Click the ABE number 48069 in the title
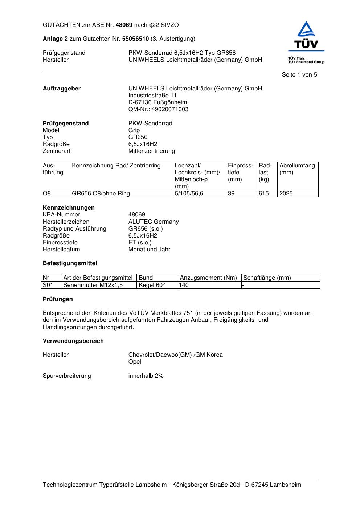[x=124, y=25]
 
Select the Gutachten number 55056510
[x=135, y=39]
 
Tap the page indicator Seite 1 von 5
[x=299, y=75]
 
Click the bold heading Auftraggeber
[x=62, y=89]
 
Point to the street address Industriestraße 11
[x=152, y=96]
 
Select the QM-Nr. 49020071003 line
[x=158, y=109]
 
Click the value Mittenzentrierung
[x=151, y=151]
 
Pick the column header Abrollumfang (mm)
[x=297, y=169]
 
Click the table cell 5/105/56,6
[x=189, y=194]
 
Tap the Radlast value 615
[x=263, y=194]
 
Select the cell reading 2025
[x=286, y=194]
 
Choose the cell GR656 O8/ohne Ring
[x=101, y=194]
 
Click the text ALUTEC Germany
[x=154, y=222]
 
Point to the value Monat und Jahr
[x=149, y=250]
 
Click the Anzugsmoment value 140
[x=184, y=285]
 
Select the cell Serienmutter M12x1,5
[x=93, y=285]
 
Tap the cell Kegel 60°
[x=152, y=285]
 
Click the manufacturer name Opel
[x=135, y=362]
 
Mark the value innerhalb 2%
[x=146, y=376]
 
